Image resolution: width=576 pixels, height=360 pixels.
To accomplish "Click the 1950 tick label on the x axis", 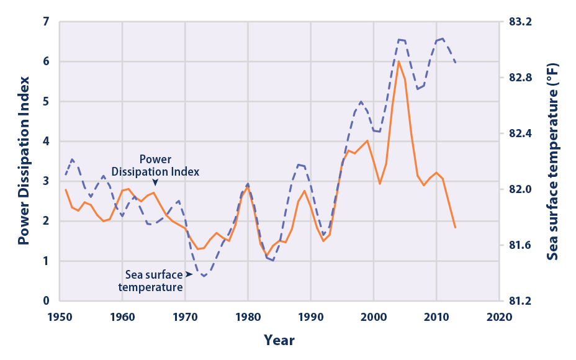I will coord(60,317).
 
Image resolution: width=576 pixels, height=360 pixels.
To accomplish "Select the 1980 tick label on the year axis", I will coord(248,317).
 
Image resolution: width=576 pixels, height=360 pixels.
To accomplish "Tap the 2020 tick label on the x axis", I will coord(499,317).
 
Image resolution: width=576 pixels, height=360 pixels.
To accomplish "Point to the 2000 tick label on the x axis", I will coord(374,317).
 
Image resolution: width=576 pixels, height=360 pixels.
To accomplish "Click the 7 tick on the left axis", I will coord(45,22).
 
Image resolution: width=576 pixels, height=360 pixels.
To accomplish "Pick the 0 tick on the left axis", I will coord(45,301).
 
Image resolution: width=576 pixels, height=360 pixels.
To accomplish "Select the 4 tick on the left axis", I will coord(45,142).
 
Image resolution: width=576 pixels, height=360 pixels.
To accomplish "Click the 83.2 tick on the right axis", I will coord(521,22).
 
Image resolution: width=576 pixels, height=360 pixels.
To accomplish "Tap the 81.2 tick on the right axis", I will coord(521,301).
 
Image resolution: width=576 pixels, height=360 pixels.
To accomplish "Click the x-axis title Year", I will coord(279,340).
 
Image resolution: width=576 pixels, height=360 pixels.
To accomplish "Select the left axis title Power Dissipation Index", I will coord(24,160).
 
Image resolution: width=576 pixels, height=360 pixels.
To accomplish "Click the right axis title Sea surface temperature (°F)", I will coord(554,161).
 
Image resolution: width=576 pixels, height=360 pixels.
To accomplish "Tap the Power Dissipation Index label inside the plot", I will coord(156,166).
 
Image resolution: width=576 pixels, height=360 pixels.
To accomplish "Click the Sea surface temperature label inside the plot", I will coord(154,281).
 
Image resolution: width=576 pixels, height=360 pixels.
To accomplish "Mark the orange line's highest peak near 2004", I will coord(398,61).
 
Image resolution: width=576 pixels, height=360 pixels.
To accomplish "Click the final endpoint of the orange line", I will coord(456,228).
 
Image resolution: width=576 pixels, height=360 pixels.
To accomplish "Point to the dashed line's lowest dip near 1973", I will coord(204,276).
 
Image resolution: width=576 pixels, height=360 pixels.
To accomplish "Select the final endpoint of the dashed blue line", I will coord(456,62).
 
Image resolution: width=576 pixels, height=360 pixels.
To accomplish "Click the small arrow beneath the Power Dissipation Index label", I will coord(155,182).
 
